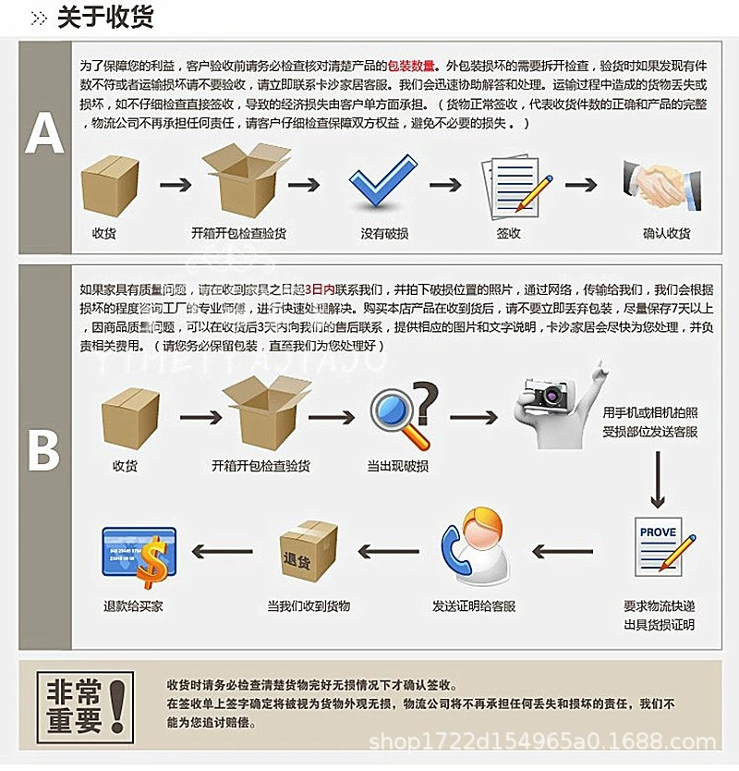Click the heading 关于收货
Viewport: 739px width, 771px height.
(x=104, y=18)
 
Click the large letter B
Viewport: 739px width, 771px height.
(x=43, y=450)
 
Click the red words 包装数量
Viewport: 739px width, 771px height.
(x=413, y=68)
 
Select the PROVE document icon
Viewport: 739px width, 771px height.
(x=658, y=548)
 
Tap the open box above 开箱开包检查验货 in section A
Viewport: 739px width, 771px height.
(x=239, y=180)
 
